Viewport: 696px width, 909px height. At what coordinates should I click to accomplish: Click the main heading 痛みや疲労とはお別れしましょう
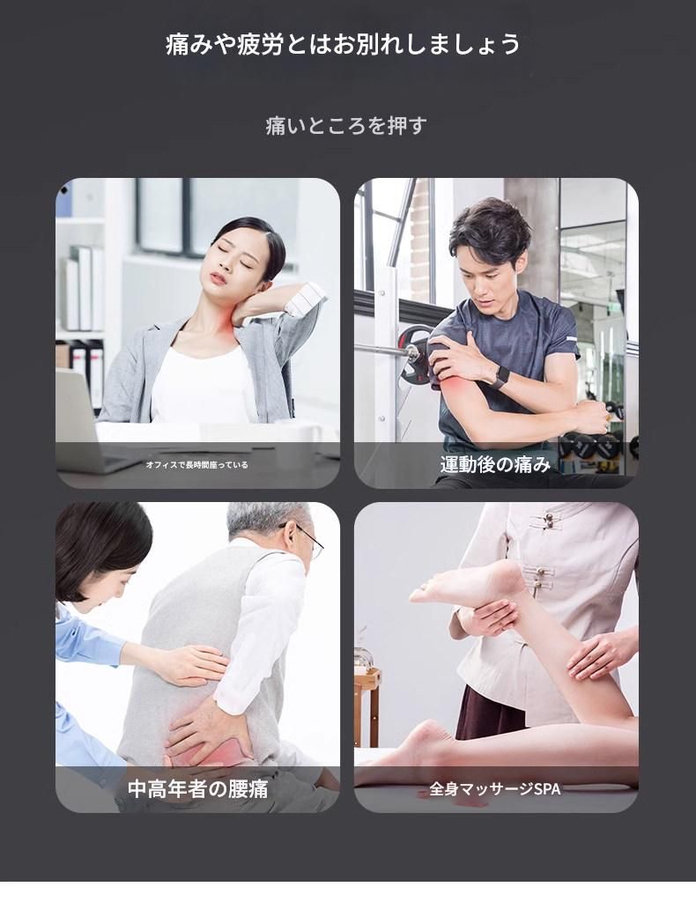tap(343, 45)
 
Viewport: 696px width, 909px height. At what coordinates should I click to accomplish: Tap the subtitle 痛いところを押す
tap(346, 125)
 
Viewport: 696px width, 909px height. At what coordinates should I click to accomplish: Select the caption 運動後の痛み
tap(495, 464)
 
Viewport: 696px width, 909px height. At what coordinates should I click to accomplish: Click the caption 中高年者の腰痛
tap(197, 788)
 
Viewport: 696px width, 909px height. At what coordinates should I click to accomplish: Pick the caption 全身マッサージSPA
tap(495, 789)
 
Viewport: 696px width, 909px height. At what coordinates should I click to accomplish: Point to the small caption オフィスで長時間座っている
tap(196, 465)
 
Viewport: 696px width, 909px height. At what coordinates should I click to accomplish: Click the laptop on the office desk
tap(81, 422)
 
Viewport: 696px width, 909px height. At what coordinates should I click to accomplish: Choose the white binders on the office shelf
tap(84, 287)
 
